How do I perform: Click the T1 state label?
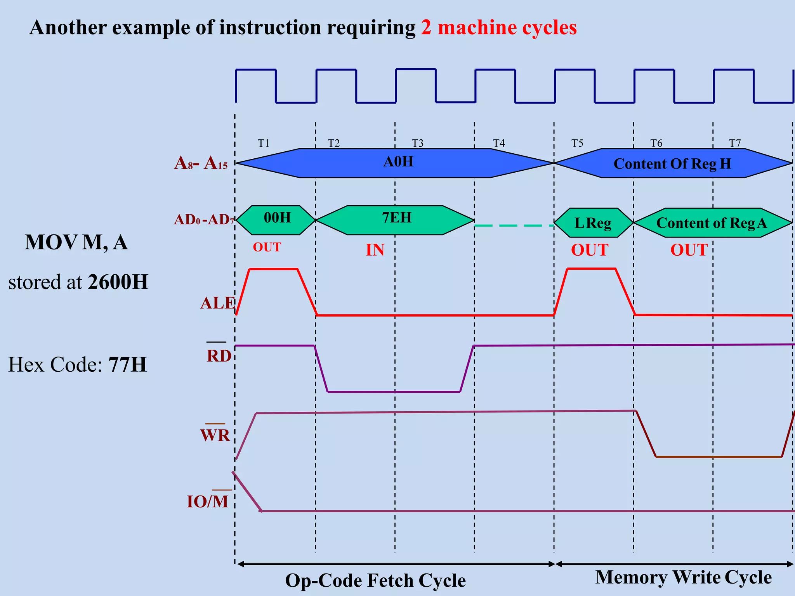pos(264,143)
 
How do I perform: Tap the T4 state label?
pos(499,143)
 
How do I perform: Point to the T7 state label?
pos(735,143)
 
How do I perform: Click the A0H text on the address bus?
pos(398,161)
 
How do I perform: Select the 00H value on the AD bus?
pos(277,218)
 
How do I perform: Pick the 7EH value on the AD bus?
pos(396,218)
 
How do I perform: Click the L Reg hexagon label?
pos(593,223)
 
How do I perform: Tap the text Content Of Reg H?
pos(672,164)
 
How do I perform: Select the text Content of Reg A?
pos(712,223)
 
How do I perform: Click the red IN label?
pos(375,250)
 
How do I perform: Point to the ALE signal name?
pos(217,303)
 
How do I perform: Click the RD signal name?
pos(219,356)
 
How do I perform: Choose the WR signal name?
pos(215,435)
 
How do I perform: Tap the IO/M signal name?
pos(208,501)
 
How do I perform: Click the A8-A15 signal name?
pos(201,163)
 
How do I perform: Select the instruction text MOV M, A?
pos(76,243)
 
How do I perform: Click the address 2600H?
pos(118,282)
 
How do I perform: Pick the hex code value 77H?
pos(127,365)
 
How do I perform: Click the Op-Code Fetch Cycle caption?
pos(375,580)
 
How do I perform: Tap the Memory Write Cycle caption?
pos(683,577)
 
